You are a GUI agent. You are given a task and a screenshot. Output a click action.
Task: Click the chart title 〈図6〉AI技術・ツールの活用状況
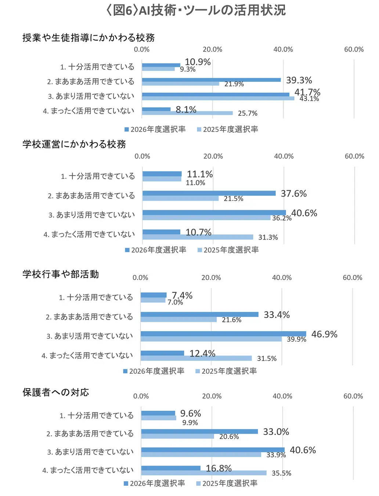(x=195, y=10)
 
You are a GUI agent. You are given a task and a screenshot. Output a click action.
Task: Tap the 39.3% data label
(x=299, y=80)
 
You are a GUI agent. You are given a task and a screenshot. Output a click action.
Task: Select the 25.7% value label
(x=248, y=114)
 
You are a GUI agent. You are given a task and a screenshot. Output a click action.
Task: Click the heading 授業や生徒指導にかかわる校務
(x=89, y=37)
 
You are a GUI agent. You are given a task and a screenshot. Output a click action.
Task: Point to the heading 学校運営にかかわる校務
(x=74, y=144)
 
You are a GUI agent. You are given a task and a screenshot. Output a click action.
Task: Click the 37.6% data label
(x=293, y=194)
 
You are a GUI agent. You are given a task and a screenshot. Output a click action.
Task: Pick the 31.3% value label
(x=268, y=237)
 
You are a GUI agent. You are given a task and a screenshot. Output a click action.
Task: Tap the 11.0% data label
(x=195, y=183)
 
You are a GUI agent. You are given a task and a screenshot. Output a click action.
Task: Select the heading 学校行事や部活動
(x=61, y=274)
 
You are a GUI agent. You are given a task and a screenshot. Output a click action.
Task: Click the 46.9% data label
(x=324, y=334)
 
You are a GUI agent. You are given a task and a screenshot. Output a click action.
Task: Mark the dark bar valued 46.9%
(x=223, y=334)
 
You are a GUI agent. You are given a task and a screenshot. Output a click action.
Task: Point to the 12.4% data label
(x=202, y=353)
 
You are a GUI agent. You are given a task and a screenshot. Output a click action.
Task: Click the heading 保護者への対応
(x=56, y=392)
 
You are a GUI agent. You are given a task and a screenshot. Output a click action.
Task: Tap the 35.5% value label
(x=281, y=473)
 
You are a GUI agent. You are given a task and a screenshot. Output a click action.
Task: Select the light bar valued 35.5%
(x=204, y=473)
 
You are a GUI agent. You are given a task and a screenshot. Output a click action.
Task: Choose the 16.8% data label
(x=219, y=468)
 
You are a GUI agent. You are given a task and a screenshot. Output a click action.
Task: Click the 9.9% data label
(x=190, y=423)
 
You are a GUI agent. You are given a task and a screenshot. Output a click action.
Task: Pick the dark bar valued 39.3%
(x=211, y=80)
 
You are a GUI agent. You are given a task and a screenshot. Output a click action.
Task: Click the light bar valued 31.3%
(x=198, y=237)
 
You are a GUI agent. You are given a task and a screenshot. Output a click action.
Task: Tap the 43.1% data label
(x=309, y=99)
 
